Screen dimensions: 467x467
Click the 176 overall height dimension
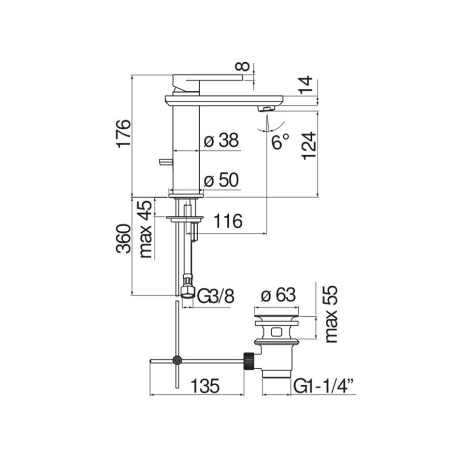coord(124,134)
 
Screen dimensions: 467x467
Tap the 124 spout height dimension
coord(309,146)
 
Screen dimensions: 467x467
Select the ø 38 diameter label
coord(221,140)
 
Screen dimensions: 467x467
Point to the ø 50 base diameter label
coord(221,180)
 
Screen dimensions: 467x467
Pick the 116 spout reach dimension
coord(228,221)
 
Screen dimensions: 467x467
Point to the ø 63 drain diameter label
coord(278,295)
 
